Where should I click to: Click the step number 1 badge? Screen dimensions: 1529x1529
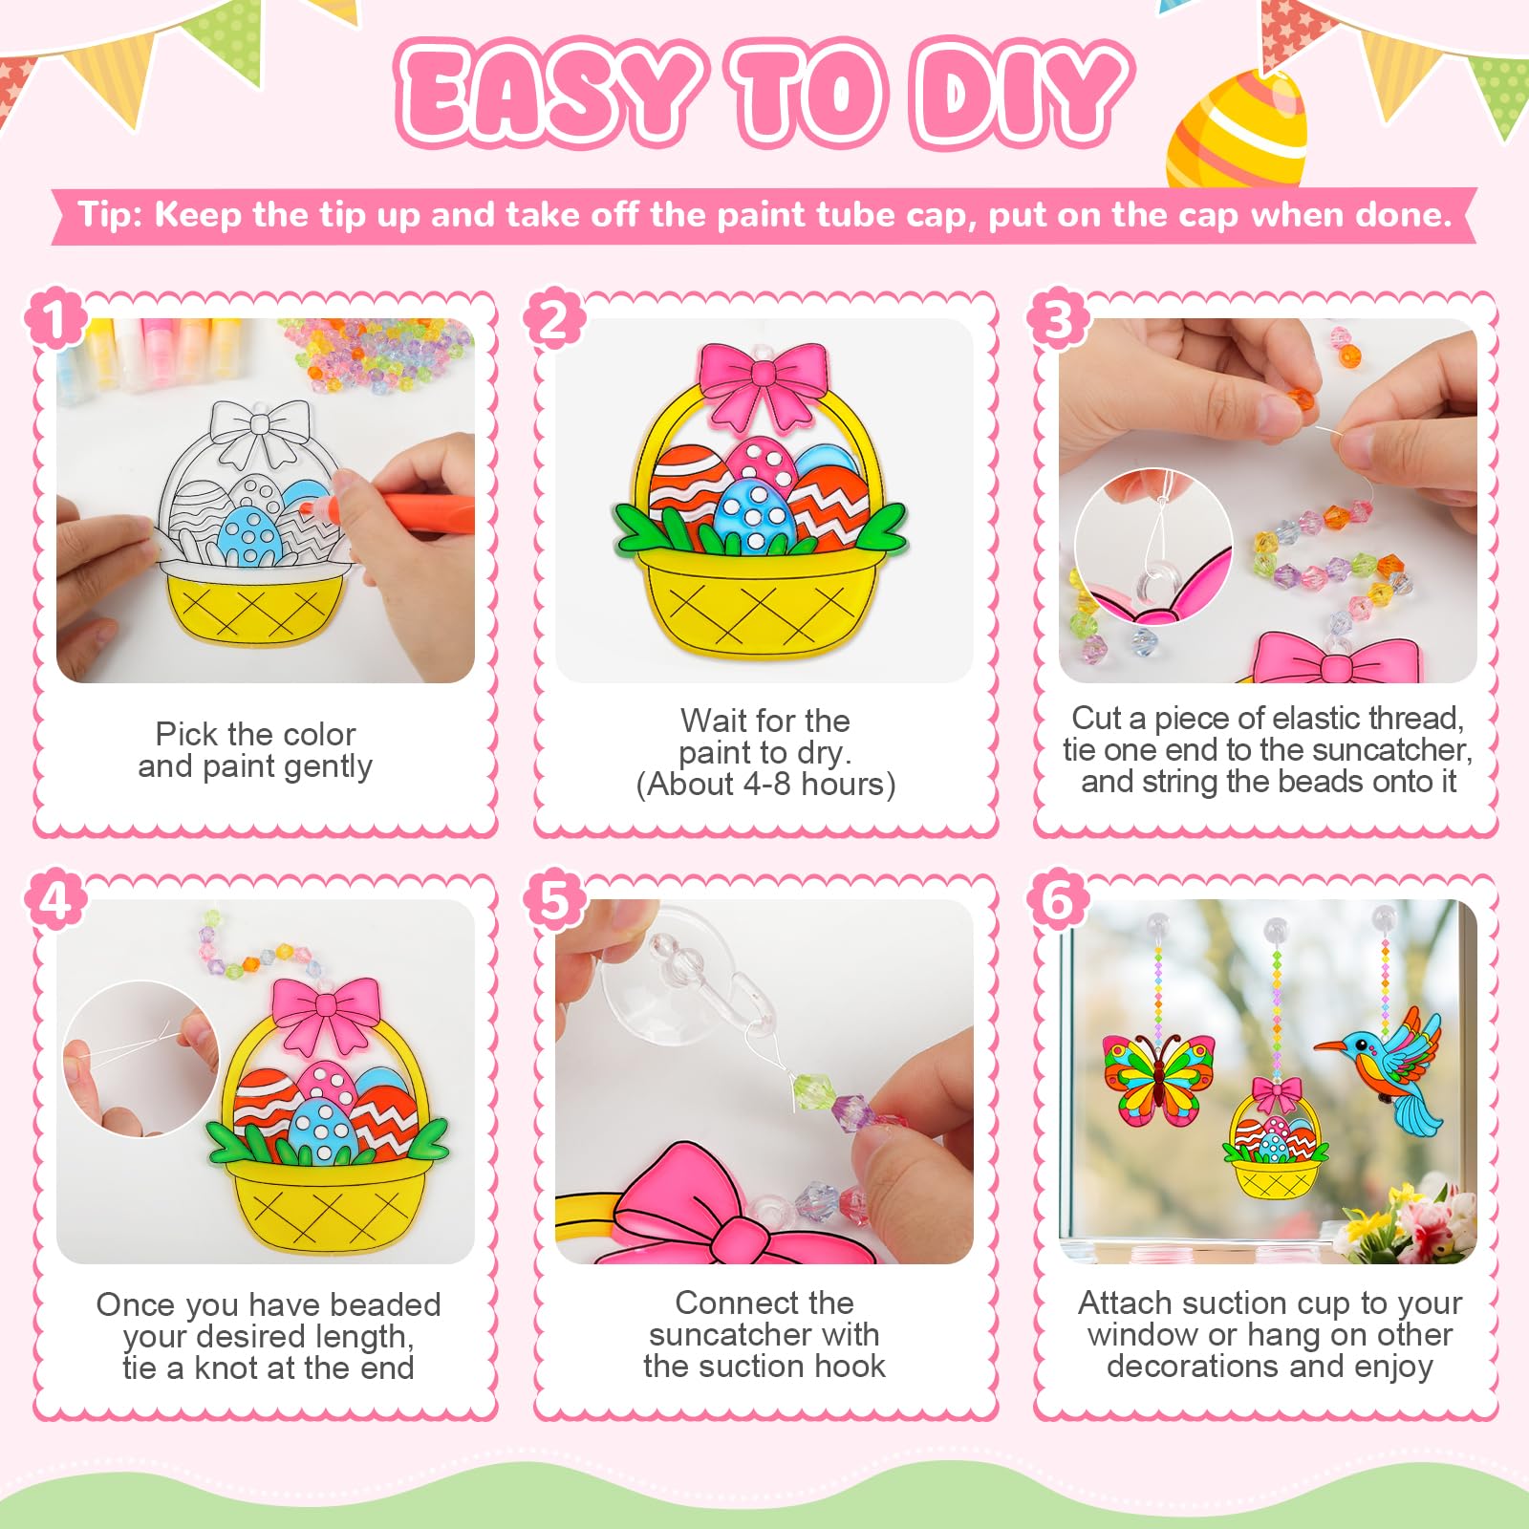(55, 318)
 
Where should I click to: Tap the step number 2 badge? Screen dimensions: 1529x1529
(554, 318)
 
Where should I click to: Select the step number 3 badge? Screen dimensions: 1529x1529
(1057, 318)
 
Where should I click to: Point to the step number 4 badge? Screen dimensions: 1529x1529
(55, 900)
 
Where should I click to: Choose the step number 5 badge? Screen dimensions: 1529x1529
(554, 900)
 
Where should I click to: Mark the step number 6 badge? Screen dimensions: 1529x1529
(1057, 900)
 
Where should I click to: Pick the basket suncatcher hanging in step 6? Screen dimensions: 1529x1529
(1277, 1137)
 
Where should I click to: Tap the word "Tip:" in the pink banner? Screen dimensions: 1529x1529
(110, 214)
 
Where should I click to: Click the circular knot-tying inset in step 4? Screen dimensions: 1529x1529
(141, 1059)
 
